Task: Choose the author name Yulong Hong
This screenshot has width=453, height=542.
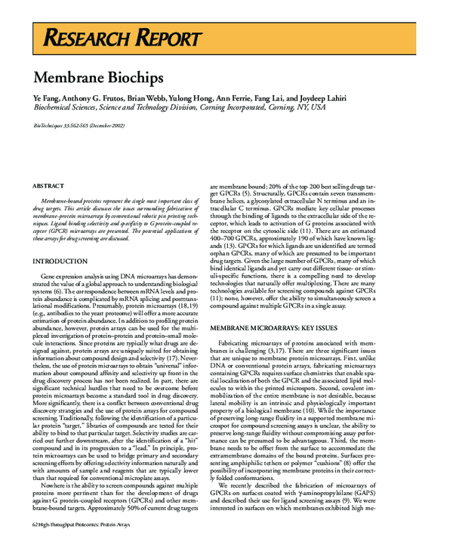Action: point(192,99)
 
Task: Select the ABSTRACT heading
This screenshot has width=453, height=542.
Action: point(48,185)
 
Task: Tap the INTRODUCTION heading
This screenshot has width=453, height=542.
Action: point(60,261)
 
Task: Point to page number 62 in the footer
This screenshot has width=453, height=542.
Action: point(36,523)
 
